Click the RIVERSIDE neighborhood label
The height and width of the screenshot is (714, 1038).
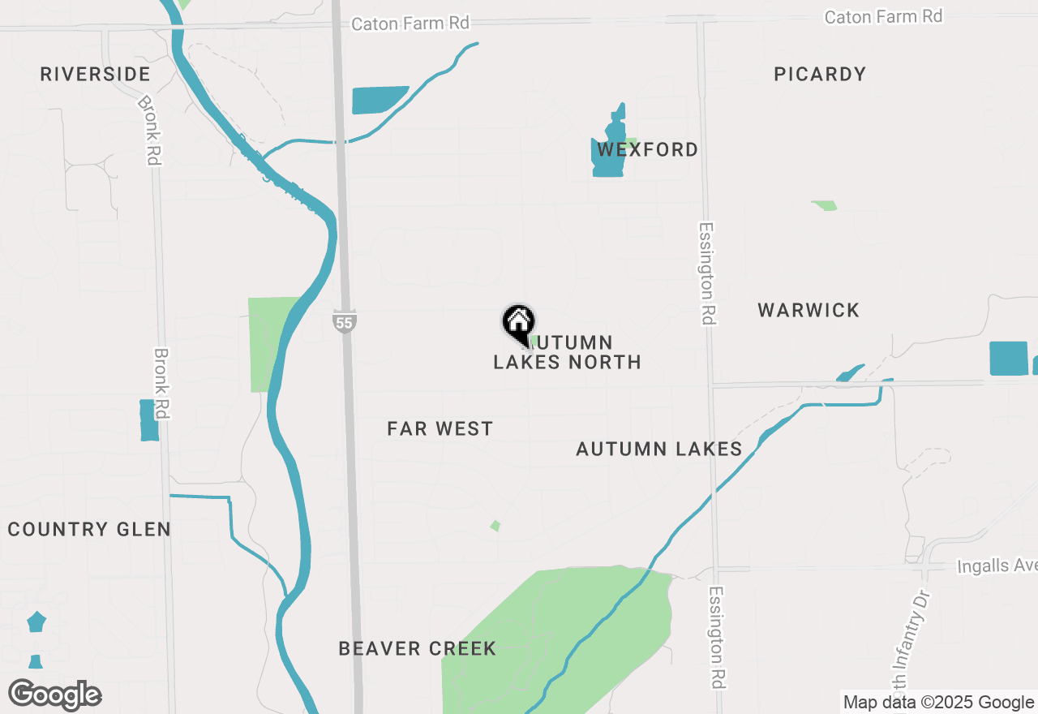(95, 75)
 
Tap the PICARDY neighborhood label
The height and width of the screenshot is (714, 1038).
(820, 75)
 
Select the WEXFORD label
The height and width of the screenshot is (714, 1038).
(647, 150)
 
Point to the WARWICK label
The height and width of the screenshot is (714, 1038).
(809, 310)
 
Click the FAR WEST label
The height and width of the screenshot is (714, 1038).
(440, 428)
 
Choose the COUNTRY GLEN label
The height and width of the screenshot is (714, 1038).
(89, 530)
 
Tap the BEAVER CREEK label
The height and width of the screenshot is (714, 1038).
(417, 649)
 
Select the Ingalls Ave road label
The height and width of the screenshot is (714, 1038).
(997, 566)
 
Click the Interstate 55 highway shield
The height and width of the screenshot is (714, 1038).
(344, 321)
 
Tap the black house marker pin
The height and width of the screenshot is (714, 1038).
(518, 322)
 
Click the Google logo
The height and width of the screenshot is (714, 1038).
(55, 695)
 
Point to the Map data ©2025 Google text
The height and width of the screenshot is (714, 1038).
(938, 703)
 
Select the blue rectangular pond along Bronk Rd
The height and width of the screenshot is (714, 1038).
(148, 420)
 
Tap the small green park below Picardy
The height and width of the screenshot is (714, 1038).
(825, 206)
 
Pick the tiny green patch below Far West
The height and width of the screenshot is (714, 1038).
(495, 526)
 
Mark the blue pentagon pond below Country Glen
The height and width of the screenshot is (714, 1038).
(36, 622)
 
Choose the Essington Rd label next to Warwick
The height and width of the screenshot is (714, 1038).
(707, 274)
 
